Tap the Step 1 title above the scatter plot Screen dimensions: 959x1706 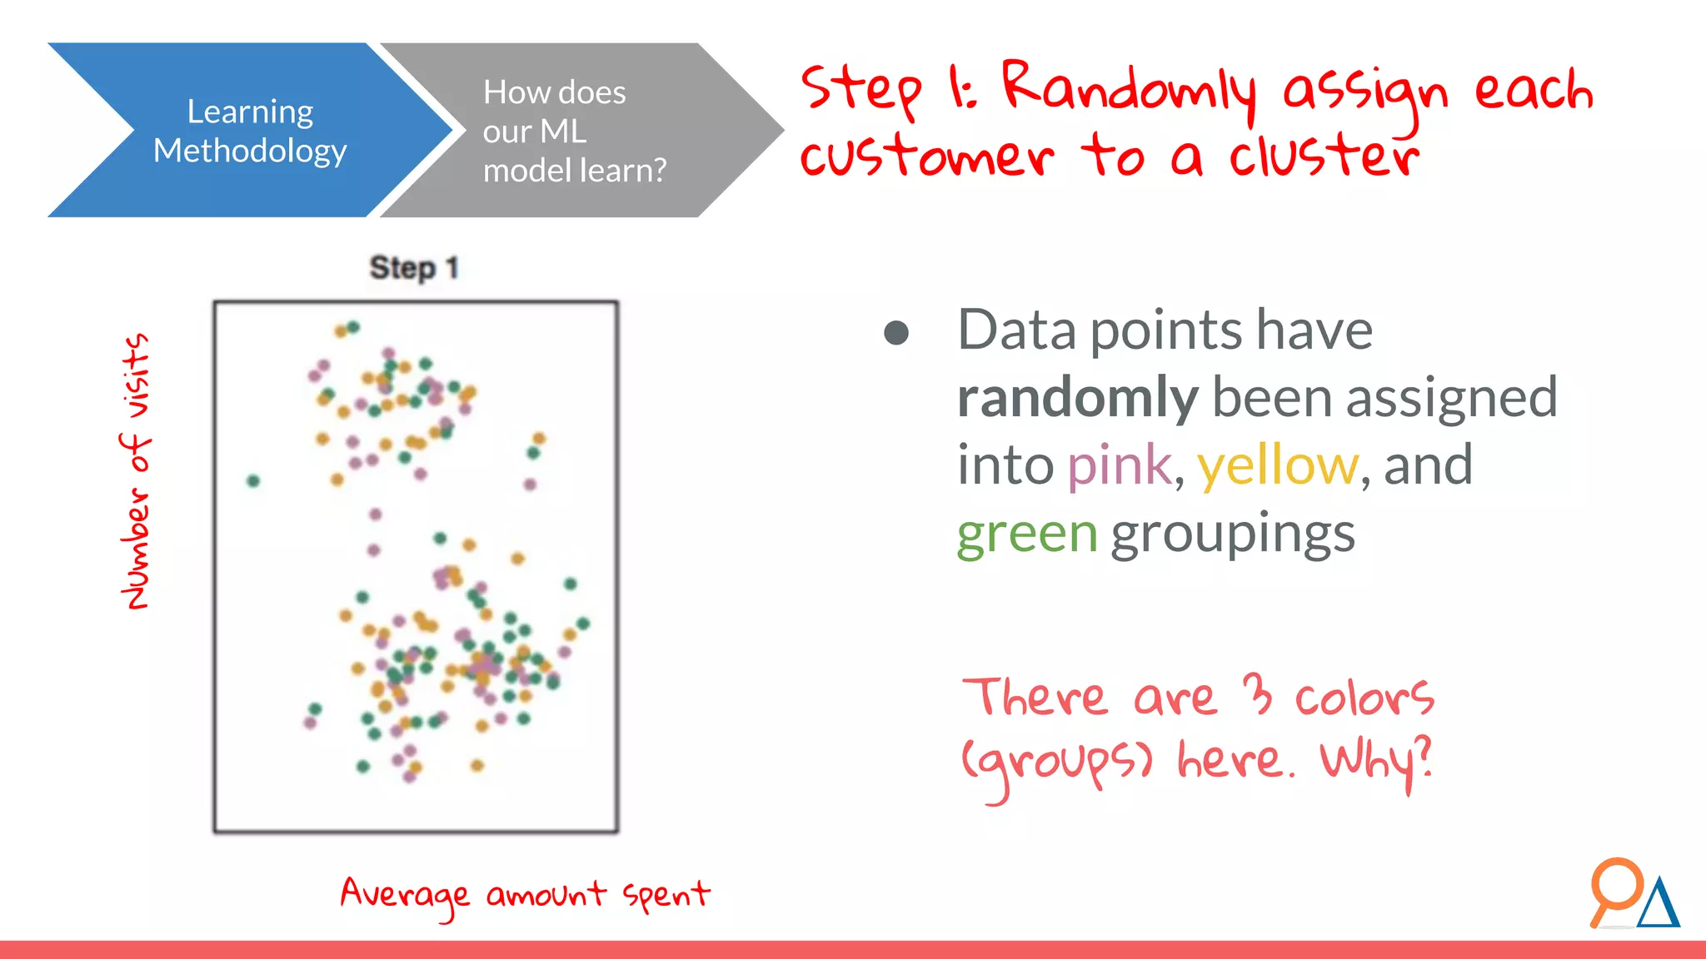click(414, 268)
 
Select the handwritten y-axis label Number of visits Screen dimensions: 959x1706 click(136, 471)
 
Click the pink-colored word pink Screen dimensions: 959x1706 click(1119, 465)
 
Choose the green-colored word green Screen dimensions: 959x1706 click(1026, 533)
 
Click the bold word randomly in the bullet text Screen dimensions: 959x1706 click(1076, 397)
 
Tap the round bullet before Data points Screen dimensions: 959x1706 click(896, 333)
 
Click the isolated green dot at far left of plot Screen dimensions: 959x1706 click(253, 480)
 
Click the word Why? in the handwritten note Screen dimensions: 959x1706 click(1376, 760)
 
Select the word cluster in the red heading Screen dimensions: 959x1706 click(1324, 156)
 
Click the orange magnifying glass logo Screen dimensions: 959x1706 click(1614, 889)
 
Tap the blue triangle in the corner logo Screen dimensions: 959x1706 click(1658, 905)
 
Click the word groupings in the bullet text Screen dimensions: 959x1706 click(1233, 533)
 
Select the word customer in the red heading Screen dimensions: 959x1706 click(926, 156)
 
